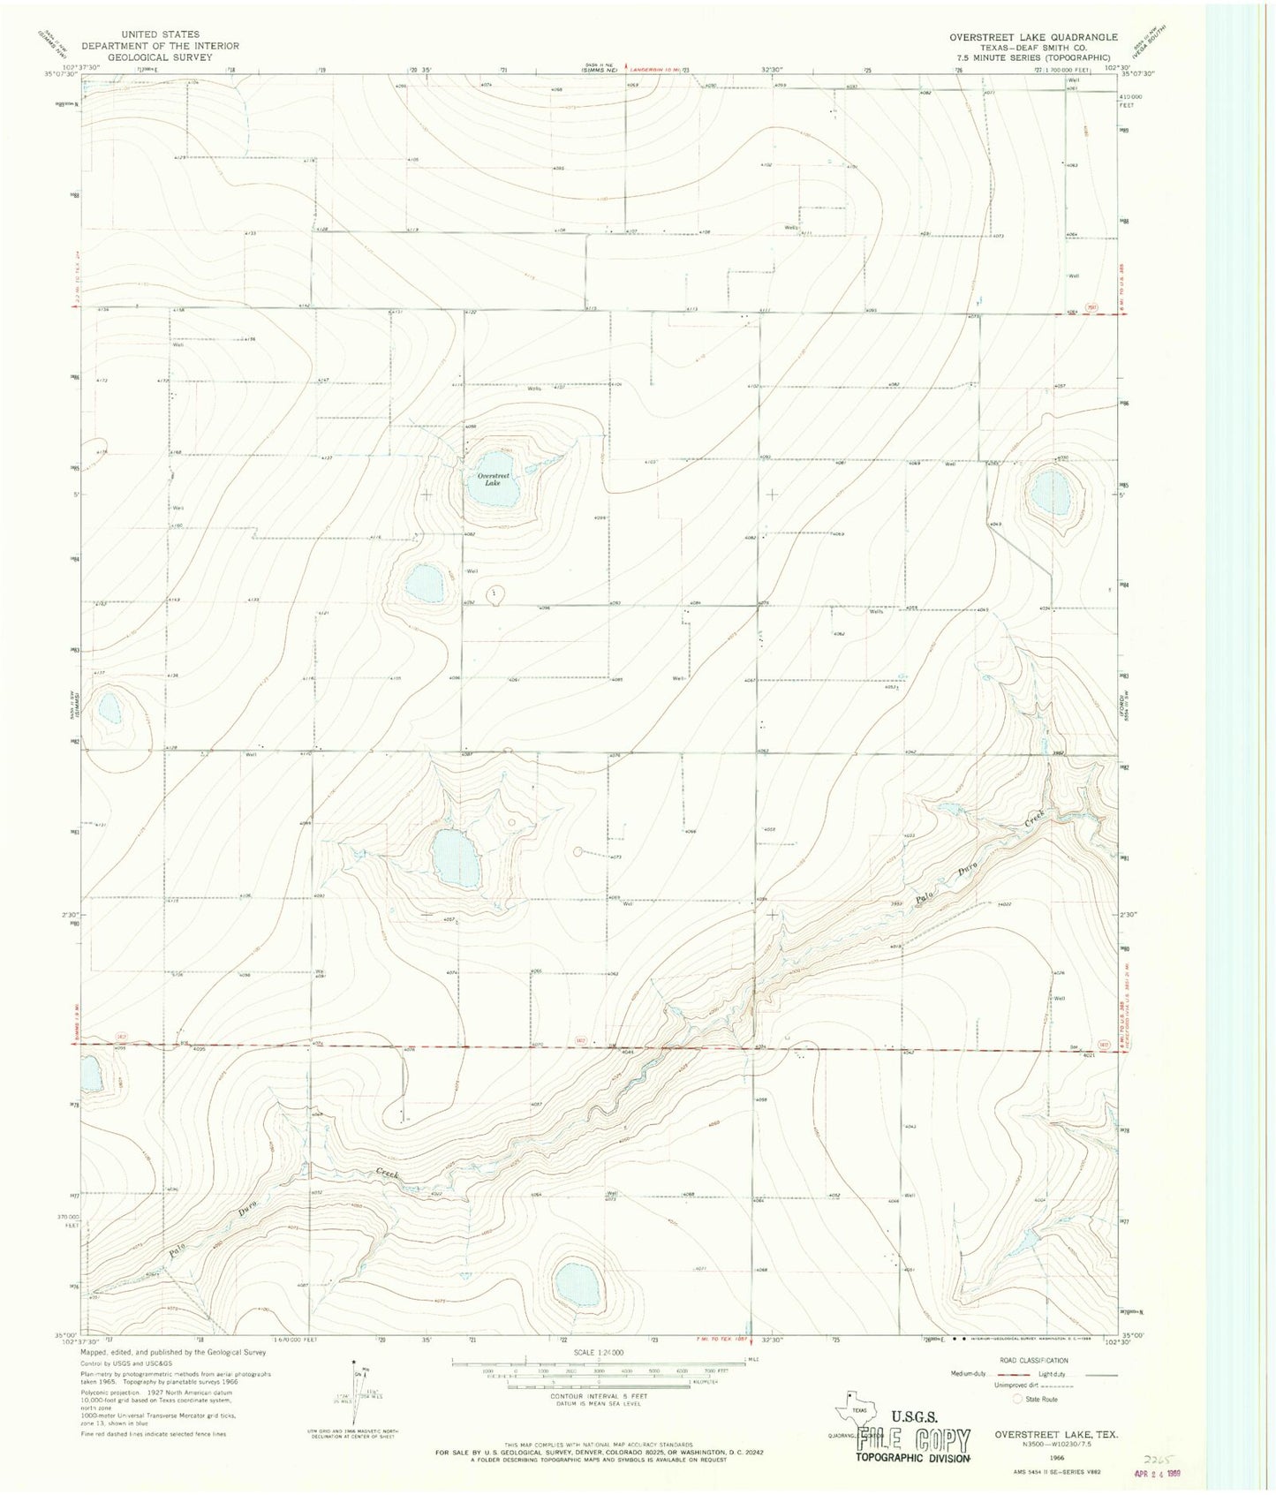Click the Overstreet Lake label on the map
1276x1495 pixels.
(488, 479)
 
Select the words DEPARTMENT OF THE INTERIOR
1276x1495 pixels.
(160, 46)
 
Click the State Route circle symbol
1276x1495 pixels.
(1018, 1400)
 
